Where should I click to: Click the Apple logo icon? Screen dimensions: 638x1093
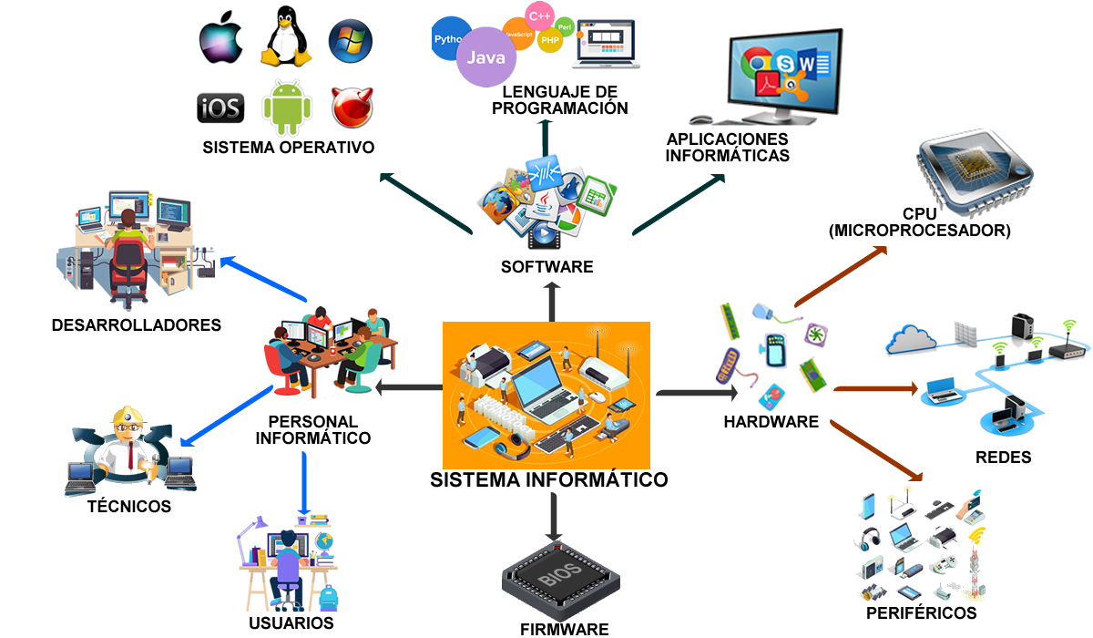(x=220, y=40)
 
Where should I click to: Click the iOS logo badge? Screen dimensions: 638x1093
(x=220, y=108)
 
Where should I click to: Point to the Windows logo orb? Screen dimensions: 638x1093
(x=350, y=40)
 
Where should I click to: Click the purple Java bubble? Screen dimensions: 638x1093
(x=485, y=57)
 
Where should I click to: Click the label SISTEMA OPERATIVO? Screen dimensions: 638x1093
(x=288, y=148)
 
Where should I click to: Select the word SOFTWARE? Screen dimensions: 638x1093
(x=546, y=267)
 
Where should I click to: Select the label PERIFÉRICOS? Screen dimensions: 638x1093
(x=921, y=612)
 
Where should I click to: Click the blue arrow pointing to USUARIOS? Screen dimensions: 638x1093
(x=304, y=483)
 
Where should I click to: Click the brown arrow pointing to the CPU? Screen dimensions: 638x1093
(x=840, y=276)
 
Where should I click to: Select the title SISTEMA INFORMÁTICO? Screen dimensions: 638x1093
(x=548, y=479)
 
